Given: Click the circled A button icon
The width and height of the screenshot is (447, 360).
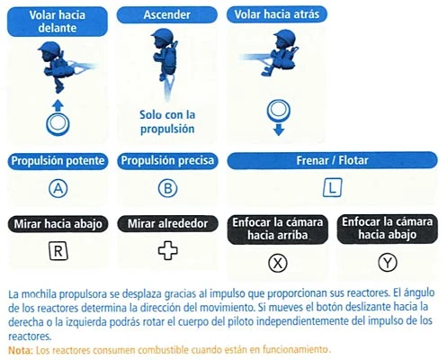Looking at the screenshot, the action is (58, 188).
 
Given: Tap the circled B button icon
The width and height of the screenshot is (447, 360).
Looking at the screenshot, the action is (167, 188).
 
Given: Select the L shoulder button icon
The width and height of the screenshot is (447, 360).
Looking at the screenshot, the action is (333, 188).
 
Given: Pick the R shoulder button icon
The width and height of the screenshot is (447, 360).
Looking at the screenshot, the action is (58, 251).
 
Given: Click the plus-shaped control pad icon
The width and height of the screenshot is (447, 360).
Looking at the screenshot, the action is (168, 250).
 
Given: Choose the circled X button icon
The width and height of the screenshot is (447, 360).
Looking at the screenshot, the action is (278, 263).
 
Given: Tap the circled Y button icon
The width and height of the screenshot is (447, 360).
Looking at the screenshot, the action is (388, 263).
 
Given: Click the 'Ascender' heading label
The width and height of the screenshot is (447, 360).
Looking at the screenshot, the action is (167, 14).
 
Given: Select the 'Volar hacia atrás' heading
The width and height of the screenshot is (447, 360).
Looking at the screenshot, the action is (277, 14).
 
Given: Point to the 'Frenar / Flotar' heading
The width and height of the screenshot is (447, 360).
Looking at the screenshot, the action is (332, 160).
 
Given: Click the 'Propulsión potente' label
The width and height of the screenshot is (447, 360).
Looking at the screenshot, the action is (58, 161).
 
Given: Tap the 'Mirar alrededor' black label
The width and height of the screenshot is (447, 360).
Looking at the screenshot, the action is (167, 223).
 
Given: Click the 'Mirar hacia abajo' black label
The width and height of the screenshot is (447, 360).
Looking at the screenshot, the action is (58, 224).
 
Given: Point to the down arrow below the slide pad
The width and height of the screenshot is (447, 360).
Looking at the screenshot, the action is (279, 130).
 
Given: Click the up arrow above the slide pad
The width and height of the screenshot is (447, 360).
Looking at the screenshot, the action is (58, 105).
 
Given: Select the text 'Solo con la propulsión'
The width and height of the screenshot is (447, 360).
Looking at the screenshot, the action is (167, 121).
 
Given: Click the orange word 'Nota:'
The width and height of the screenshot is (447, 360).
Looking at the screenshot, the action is (21, 350).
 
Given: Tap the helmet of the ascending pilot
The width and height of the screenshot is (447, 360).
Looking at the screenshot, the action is (163, 35).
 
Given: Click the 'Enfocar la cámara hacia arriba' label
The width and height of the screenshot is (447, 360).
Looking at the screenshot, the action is (278, 229).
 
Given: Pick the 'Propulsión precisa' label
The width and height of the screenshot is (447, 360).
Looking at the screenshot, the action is (167, 160).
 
